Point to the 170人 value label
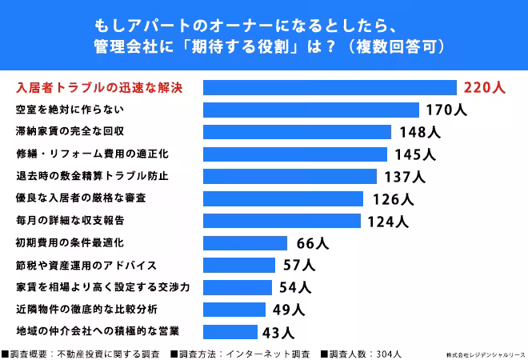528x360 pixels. click(446, 110)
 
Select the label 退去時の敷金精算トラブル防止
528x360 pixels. click(92, 175)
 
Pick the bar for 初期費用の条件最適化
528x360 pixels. click(245, 242)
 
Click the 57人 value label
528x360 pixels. click(300, 265)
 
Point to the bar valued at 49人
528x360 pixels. click(235, 309)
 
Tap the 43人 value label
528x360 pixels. click(278, 331)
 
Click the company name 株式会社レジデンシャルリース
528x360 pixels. click(482, 353)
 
